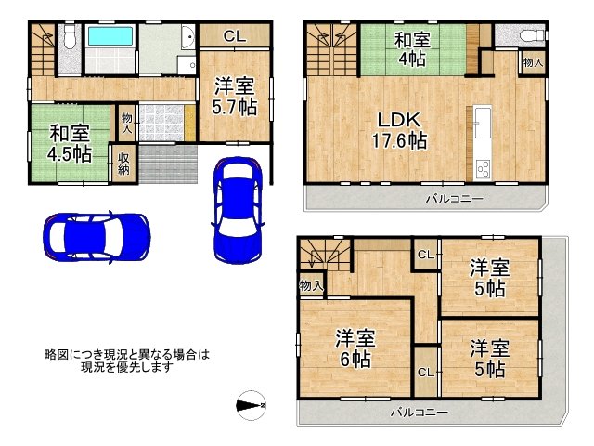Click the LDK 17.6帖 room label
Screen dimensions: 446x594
click(x=400, y=131)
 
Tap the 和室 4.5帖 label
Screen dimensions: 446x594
click(x=69, y=140)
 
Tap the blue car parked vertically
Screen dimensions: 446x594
click(x=237, y=209)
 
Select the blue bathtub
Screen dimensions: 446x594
click(x=111, y=40)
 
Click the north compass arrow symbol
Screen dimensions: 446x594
click(x=251, y=404)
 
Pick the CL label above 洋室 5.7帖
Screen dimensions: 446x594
click(x=235, y=36)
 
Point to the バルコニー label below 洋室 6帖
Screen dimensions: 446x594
click(x=419, y=411)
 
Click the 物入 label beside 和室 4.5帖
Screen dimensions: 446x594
click(x=126, y=123)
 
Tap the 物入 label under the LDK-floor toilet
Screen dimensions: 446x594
click(x=532, y=63)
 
